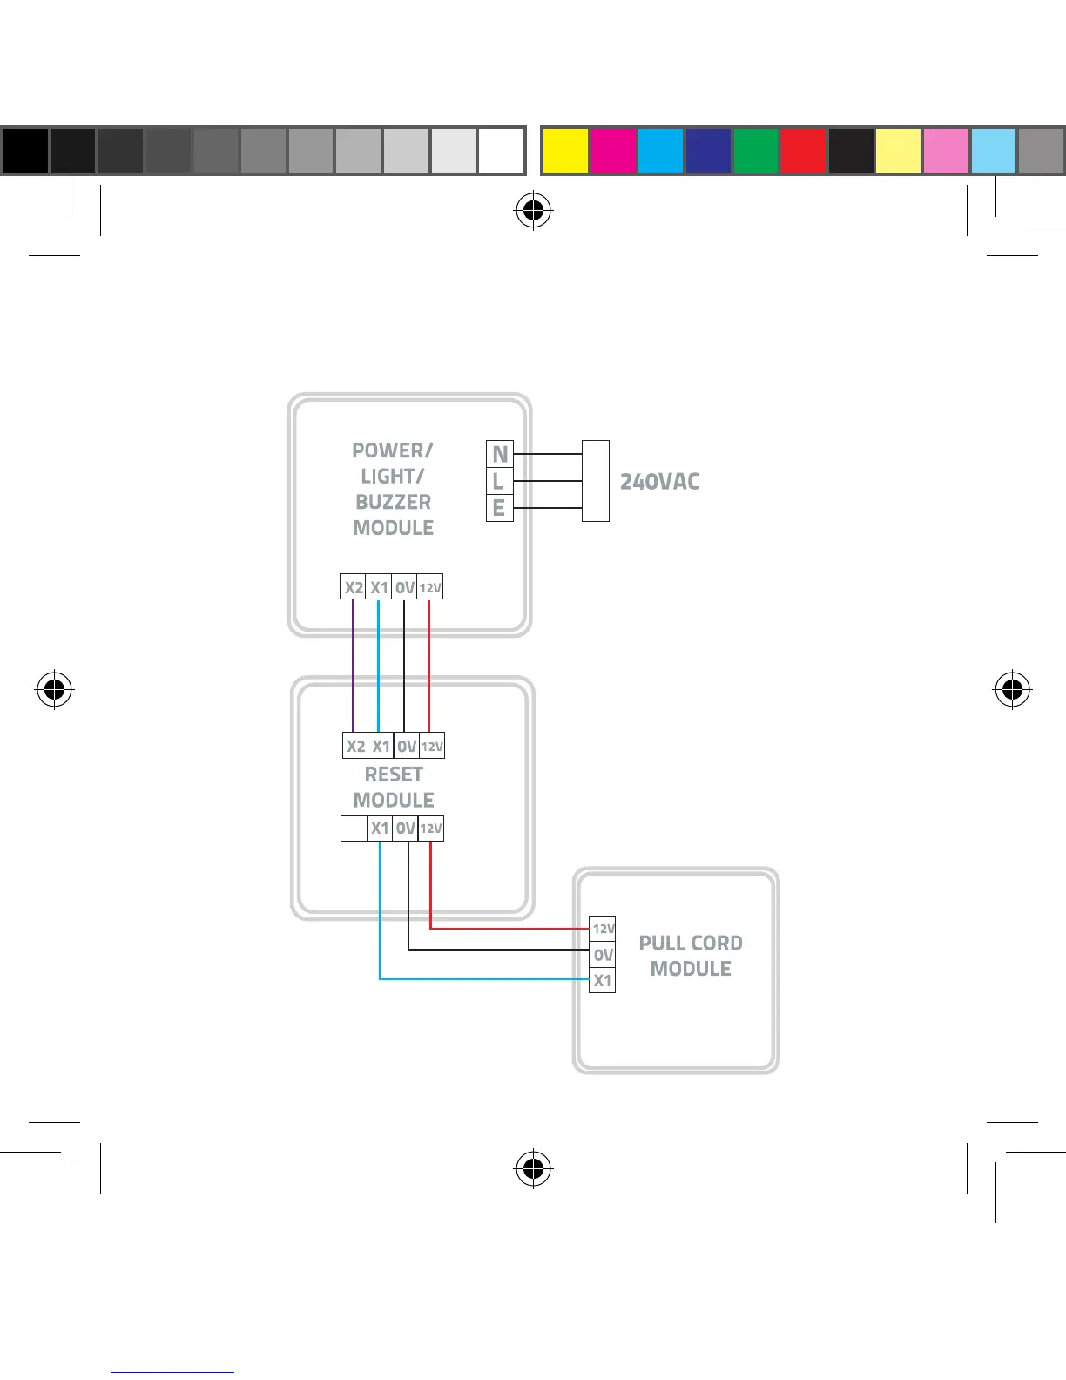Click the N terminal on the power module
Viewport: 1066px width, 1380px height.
500,454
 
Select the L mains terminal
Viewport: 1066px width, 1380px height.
499,481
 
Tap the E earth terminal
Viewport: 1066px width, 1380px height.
499,508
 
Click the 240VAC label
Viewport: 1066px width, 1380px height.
659,482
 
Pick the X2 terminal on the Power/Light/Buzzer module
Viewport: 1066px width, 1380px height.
353,587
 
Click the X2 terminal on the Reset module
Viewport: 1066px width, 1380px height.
355,746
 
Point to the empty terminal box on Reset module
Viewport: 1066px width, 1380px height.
354,829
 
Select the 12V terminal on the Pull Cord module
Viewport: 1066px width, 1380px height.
603,929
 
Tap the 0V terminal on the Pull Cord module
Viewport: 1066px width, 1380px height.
603,955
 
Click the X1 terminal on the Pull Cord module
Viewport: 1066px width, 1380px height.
603,981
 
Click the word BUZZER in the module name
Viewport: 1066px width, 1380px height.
393,503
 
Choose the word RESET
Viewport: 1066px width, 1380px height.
394,775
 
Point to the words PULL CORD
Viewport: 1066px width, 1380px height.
691,944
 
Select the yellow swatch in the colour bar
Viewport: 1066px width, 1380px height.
565,151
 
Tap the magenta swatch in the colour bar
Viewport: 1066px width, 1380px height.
613,151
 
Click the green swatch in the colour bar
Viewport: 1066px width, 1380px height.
755,151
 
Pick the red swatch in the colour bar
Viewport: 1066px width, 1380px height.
803,151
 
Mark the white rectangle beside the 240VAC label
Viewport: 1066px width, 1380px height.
596,481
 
